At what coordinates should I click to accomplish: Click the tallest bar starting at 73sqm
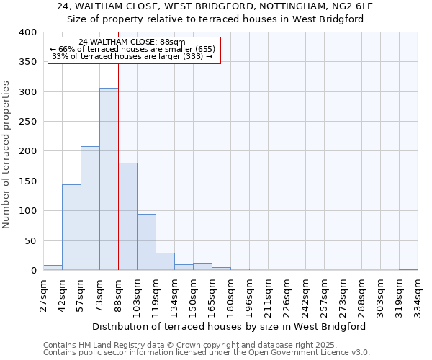[x=109, y=179]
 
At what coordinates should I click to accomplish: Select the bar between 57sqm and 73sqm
[x=90, y=209]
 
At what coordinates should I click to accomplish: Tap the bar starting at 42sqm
[x=71, y=228]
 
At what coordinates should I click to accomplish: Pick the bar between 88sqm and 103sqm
[x=127, y=217]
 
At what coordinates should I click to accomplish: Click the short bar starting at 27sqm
[x=53, y=268]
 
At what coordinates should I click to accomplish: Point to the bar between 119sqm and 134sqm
[x=165, y=262]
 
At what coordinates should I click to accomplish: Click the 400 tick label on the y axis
[x=27, y=32]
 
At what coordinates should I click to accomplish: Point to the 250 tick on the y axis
[x=27, y=122]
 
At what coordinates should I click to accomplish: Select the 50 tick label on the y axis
[x=30, y=240]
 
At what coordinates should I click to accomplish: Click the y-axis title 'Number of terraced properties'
[x=6, y=154]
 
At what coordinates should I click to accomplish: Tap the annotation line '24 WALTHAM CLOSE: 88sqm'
[x=132, y=42]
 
